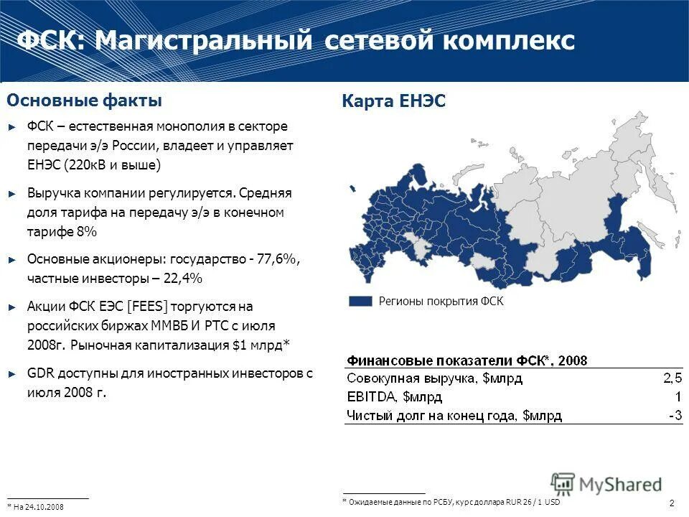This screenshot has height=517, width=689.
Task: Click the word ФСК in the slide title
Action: click(x=49, y=40)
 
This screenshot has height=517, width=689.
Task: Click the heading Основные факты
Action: click(x=84, y=100)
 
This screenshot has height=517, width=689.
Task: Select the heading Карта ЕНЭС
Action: click(x=394, y=101)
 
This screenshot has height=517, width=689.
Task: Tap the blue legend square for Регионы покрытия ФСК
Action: click(x=360, y=302)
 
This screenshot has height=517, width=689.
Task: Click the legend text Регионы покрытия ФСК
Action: click(x=441, y=302)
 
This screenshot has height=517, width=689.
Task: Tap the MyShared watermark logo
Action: click(x=606, y=485)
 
